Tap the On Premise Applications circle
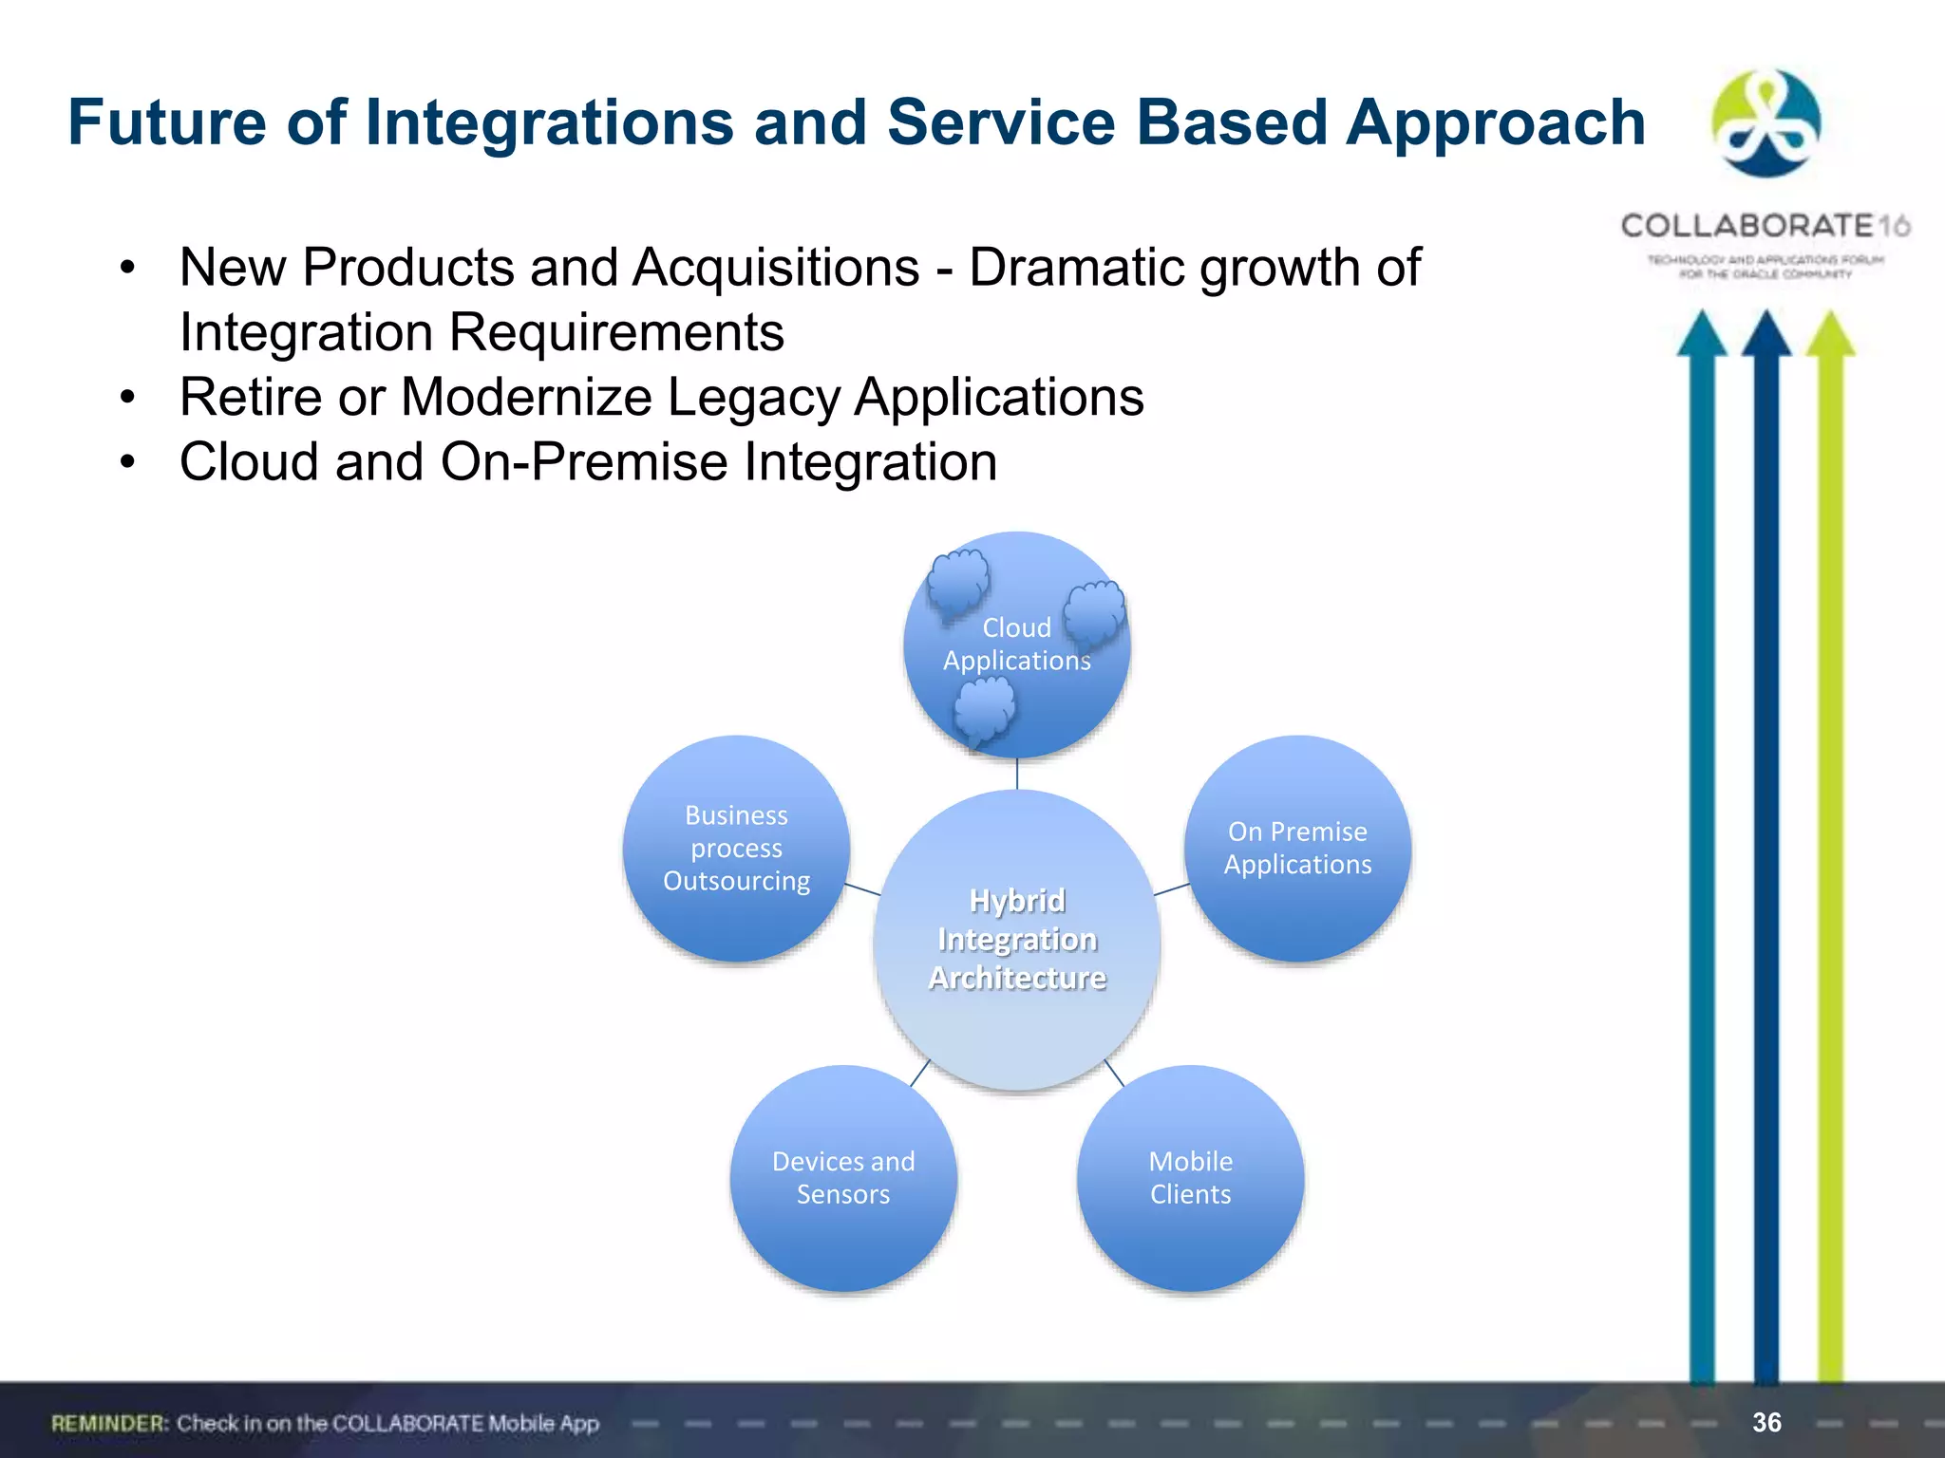[1297, 848]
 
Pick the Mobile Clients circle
[1190, 1178]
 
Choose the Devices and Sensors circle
[843, 1178]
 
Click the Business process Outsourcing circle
[736, 848]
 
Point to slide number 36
[1766, 1422]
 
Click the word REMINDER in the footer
[109, 1423]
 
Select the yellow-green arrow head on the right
[1830, 334]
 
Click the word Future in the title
[167, 122]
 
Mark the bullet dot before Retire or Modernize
[128, 397]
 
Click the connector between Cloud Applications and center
[1017, 774]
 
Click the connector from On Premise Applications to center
[1171, 889]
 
